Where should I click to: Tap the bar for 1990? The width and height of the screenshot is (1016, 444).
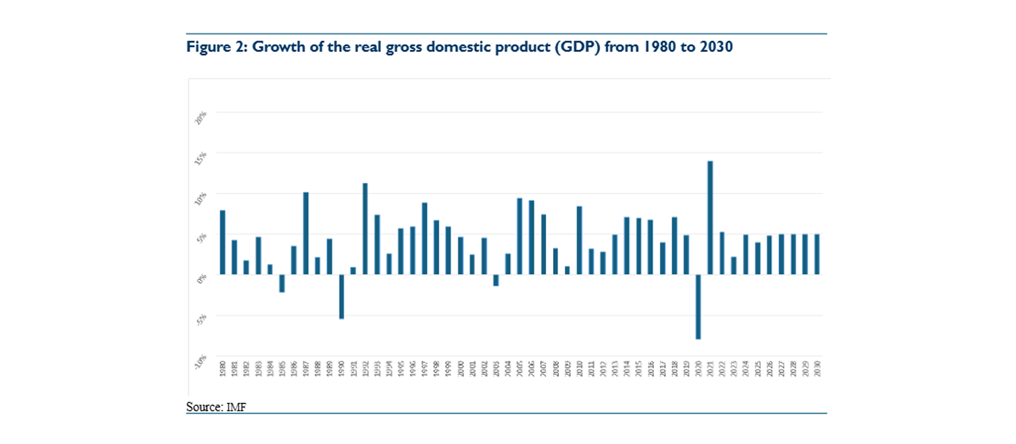[x=342, y=296]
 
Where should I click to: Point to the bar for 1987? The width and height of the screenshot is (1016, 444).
[x=306, y=233]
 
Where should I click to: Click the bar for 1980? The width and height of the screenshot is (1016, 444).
[x=223, y=242]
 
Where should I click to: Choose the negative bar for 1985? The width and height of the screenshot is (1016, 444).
[x=282, y=283]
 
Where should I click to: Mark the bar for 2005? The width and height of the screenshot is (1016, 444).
[x=519, y=236]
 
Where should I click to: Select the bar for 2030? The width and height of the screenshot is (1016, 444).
[x=817, y=254]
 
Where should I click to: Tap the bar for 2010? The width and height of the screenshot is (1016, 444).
[x=579, y=240]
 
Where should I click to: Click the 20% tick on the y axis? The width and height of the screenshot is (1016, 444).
[x=201, y=118]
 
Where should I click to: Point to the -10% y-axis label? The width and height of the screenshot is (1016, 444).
[x=201, y=362]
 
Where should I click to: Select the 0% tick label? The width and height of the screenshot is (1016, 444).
[x=202, y=278]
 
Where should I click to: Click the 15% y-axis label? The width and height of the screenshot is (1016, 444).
[x=201, y=159]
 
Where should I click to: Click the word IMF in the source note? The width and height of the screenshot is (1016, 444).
[x=236, y=407]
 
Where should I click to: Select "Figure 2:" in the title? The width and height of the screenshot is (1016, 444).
[x=217, y=47]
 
